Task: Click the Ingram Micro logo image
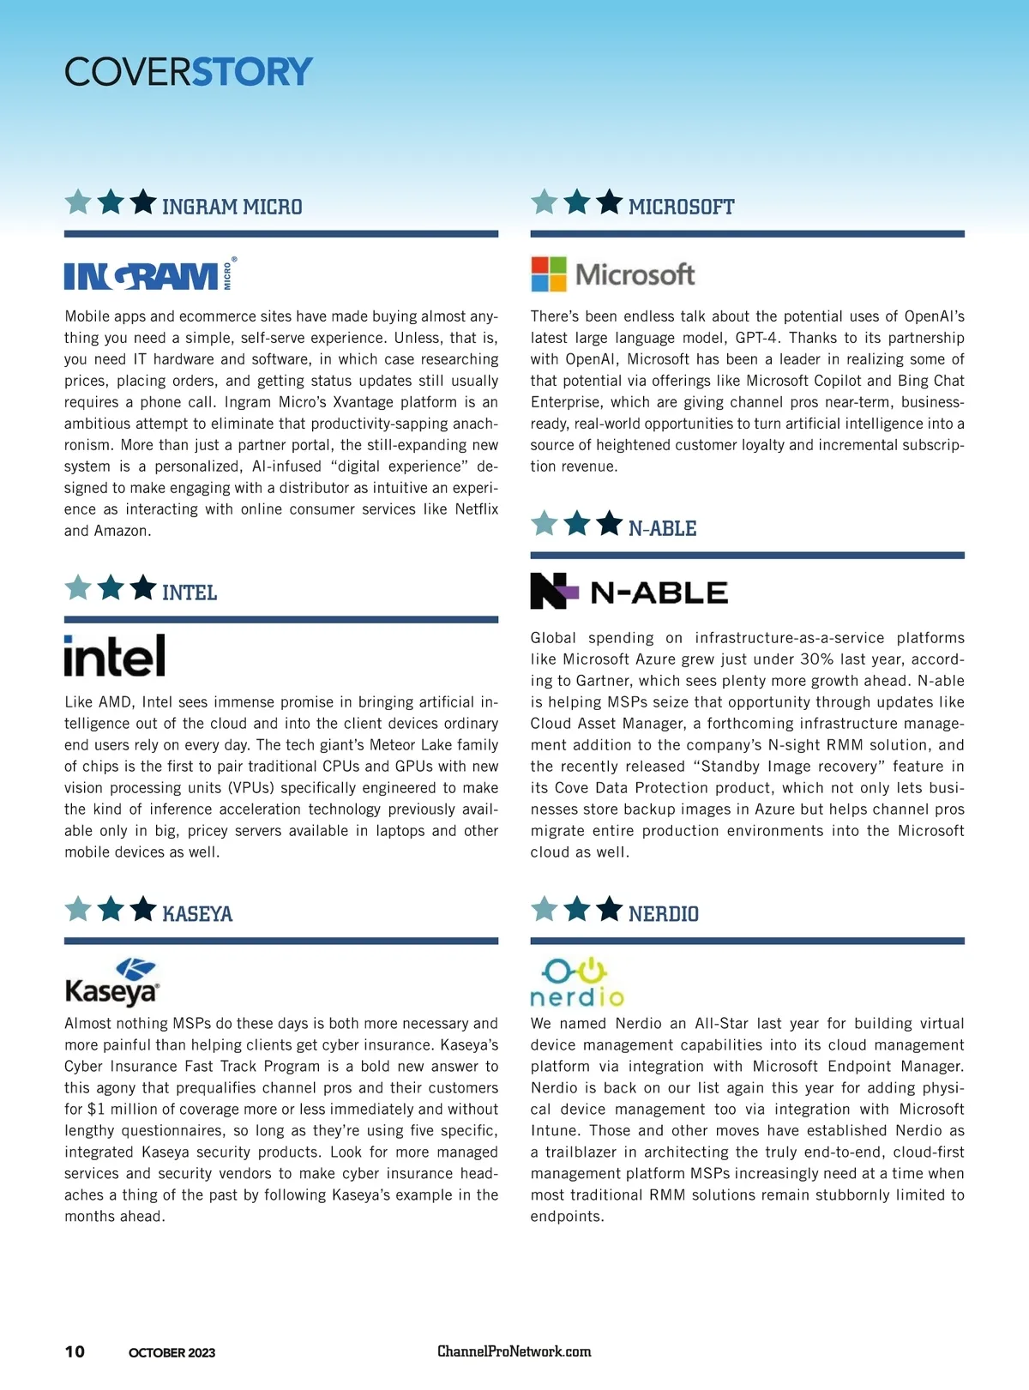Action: (150, 274)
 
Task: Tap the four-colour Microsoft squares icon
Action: (549, 274)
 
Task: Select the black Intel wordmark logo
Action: (115, 656)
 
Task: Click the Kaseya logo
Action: (112, 983)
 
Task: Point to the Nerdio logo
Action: (576, 983)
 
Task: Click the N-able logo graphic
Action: (629, 591)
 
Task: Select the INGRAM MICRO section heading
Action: (232, 207)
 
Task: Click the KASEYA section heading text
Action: (197, 914)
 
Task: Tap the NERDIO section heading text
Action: (664, 914)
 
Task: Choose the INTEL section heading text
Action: (190, 593)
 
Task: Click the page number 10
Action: (75, 1352)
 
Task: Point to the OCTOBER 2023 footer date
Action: (171, 1353)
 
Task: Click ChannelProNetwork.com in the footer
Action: (514, 1351)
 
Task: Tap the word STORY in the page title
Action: (252, 72)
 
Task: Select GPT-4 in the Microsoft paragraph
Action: (757, 338)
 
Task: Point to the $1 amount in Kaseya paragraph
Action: (96, 1110)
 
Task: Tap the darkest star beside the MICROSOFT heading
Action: (609, 203)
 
